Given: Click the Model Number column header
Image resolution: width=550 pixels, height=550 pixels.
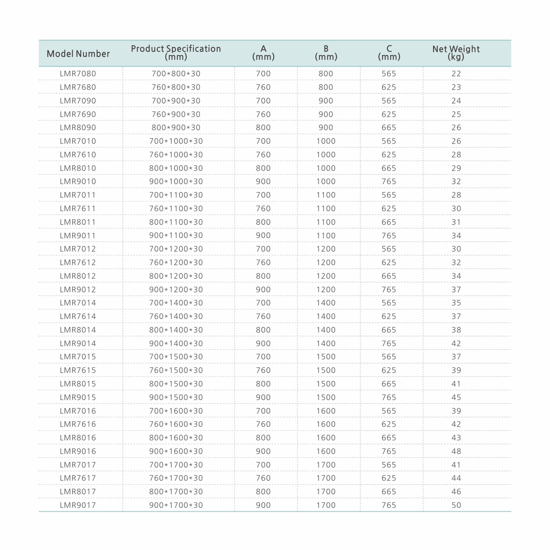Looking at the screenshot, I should pos(78,54).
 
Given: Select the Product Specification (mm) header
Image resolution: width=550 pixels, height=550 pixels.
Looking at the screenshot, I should pos(176,53).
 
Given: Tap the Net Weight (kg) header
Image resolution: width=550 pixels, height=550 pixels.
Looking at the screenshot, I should pos(456,53).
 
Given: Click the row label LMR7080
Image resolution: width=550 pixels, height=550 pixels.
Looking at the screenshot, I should pos(78,73).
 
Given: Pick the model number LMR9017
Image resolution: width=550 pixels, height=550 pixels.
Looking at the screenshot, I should pos(78,505).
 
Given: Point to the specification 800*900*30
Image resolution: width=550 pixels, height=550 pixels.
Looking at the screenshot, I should pos(176,128).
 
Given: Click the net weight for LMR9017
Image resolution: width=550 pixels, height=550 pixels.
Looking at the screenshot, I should pos(456,505).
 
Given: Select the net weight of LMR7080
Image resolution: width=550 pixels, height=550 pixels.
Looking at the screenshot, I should pos(456,73).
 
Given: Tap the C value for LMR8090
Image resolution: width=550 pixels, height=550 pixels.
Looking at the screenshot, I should pos(389,128).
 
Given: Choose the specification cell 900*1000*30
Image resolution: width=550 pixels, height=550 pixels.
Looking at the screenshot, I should pos(176,182).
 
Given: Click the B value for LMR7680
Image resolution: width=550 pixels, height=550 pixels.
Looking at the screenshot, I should pos(326,87).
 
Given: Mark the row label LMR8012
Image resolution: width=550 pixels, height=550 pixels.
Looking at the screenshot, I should pos(78,276).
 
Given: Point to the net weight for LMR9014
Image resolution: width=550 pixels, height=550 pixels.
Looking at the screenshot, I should pos(456,343).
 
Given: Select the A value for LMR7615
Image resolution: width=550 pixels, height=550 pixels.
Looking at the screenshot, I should pos(263,370).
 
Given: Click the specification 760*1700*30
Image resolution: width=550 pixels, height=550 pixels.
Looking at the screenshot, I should pos(176,478).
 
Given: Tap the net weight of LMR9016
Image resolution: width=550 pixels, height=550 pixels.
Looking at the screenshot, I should pos(456,451).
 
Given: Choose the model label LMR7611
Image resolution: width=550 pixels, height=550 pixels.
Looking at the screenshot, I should pos(78,209).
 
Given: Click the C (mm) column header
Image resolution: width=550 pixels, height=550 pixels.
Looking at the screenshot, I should pos(389,53).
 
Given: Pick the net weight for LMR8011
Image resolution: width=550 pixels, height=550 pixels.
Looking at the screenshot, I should pos(456,222).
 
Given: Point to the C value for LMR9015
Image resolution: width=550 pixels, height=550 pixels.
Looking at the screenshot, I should pos(389,397).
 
